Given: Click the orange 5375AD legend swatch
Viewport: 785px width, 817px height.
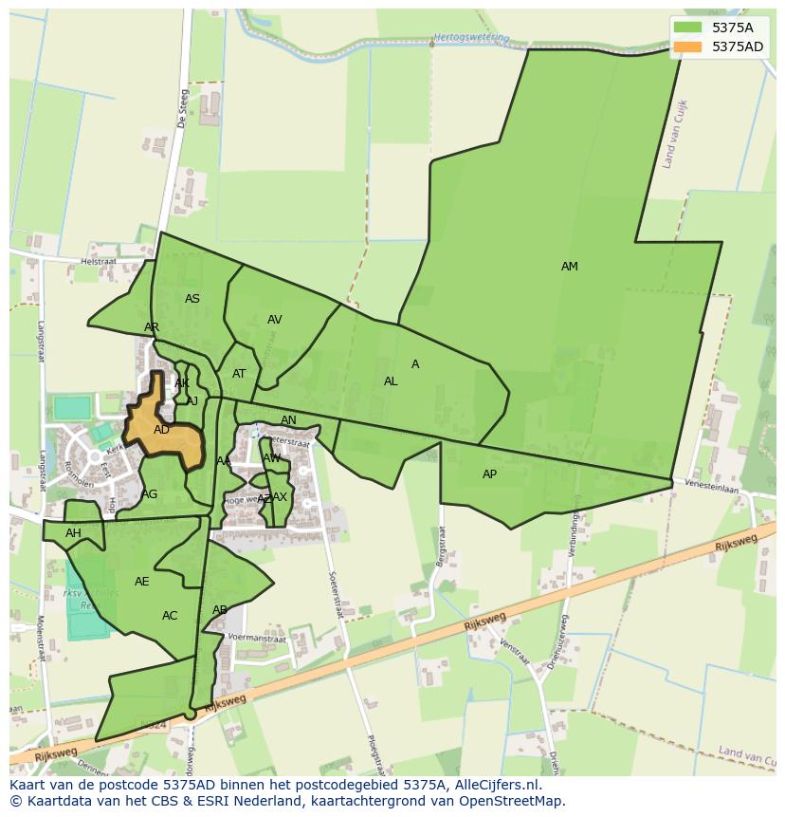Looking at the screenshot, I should click(688, 46).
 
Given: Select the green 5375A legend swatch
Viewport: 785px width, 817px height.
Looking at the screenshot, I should click(688, 28).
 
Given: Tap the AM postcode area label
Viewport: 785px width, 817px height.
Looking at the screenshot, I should click(569, 267).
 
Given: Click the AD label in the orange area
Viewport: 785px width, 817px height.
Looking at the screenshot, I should click(161, 430).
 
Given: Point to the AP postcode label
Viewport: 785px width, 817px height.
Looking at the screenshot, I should click(489, 474).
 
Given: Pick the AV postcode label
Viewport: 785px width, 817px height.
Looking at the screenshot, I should click(274, 320).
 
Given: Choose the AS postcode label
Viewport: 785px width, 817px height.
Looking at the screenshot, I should click(192, 299).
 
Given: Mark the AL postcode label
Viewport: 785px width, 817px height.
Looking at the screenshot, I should click(391, 381).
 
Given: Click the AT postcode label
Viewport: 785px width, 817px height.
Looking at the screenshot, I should click(239, 374).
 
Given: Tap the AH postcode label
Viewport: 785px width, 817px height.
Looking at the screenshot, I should click(73, 533).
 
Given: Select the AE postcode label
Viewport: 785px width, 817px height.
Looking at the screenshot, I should click(142, 582).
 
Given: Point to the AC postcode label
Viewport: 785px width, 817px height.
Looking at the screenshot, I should click(170, 616).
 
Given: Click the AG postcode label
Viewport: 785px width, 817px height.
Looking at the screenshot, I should click(150, 494).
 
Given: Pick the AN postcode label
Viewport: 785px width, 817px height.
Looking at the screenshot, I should click(288, 420).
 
